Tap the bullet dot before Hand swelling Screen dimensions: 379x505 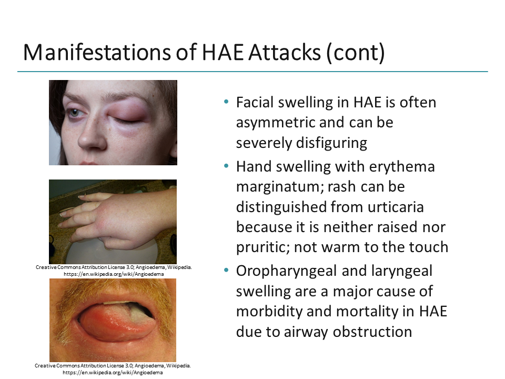(x=226, y=167)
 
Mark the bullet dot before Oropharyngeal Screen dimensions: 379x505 (x=226, y=271)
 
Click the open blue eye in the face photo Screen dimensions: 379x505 (x=75, y=112)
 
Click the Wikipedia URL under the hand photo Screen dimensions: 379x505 (x=113, y=274)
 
